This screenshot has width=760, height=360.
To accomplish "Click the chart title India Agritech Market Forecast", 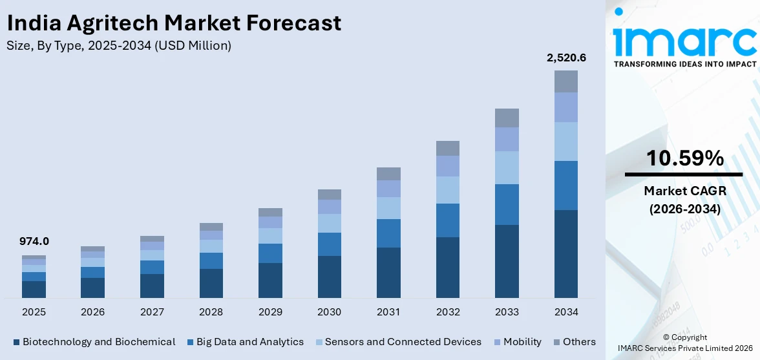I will point(174,24).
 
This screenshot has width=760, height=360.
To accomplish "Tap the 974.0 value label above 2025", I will point(34,241).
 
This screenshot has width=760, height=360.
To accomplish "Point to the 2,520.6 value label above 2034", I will point(566,58).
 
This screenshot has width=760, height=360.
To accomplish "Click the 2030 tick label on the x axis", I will point(329,312).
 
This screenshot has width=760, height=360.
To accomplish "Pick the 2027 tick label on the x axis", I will point(152,312).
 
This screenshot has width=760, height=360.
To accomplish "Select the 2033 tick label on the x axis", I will point(507,312).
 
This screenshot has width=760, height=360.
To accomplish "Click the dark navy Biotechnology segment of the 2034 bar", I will point(566,253).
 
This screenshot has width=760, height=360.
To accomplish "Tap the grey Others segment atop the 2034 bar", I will point(566,81).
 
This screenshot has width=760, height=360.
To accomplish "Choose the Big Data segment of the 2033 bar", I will point(507,204).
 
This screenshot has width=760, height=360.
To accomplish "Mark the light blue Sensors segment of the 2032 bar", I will point(447,190).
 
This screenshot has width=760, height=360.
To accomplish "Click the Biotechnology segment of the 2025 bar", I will point(34,289).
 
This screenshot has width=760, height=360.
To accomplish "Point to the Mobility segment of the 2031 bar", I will point(388,189).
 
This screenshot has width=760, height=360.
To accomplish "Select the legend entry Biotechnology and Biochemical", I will point(94,342).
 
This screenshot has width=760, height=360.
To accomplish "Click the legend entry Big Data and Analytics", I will point(245,342).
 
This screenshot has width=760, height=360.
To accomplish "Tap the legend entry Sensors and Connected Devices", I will point(398,342).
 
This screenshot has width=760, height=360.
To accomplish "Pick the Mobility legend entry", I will point(518,342).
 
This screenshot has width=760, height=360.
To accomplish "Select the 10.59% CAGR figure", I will point(684,158).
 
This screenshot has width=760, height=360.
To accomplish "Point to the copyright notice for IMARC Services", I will point(684,343).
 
